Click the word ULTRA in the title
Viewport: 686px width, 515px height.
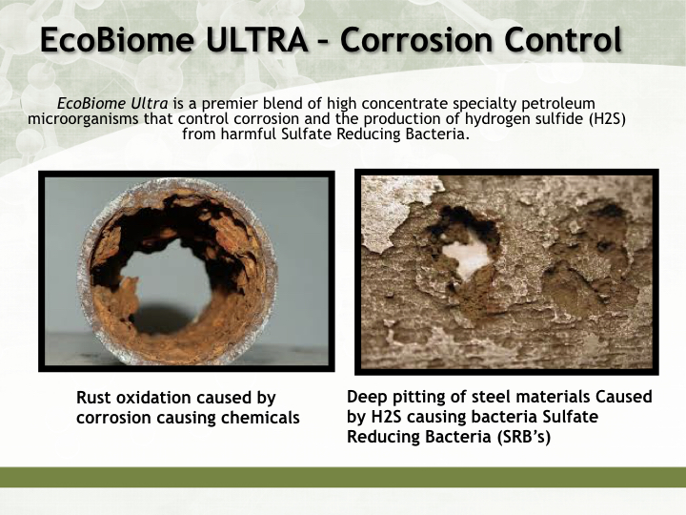[256, 39]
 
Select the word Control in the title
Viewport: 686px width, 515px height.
[563, 39]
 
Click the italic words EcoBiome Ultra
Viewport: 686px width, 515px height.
[112, 103]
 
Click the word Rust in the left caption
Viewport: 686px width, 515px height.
[91, 398]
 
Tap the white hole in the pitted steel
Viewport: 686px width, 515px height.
[467, 257]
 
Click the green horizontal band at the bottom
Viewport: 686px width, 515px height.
[343, 477]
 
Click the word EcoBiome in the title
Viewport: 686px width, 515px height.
[117, 39]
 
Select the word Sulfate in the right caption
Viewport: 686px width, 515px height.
[571, 417]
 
